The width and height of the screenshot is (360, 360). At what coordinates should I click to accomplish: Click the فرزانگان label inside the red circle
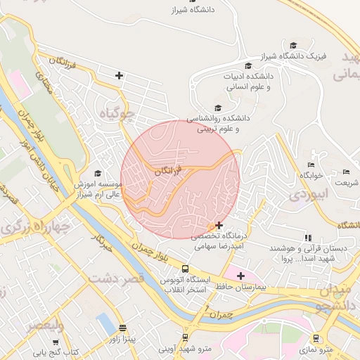pyautogui.click(x=167, y=171)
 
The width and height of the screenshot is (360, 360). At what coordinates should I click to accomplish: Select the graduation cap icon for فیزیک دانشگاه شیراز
pyautogui.click(x=293, y=45)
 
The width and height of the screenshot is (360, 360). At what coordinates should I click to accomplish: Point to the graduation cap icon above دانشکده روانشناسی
pyautogui.click(x=218, y=108)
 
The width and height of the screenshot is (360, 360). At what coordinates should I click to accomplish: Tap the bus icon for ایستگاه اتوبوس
pyautogui.click(x=185, y=269)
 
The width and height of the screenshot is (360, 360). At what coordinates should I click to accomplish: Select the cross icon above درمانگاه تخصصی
pyautogui.click(x=220, y=226)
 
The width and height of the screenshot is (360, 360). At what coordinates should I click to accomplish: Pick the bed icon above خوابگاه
pyautogui.click(x=309, y=165)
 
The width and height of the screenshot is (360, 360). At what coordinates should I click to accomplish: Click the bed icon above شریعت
pyautogui.click(x=345, y=172)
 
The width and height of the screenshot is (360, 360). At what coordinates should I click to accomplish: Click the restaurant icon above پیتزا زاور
pyautogui.click(x=123, y=328)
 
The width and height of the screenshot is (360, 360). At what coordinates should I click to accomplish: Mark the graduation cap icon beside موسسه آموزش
pyautogui.click(x=98, y=173)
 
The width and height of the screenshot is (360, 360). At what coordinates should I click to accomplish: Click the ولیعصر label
pyautogui.click(x=46, y=326)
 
